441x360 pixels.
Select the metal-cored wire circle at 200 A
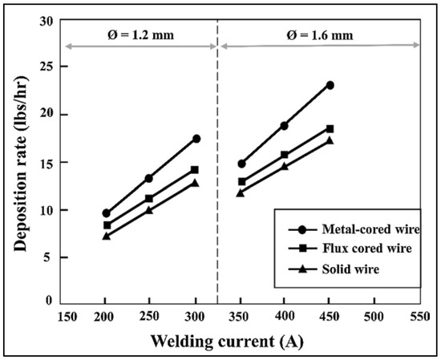click(x=106, y=213)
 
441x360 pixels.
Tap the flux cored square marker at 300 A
click(x=195, y=170)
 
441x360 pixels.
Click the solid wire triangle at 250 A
click(x=149, y=210)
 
